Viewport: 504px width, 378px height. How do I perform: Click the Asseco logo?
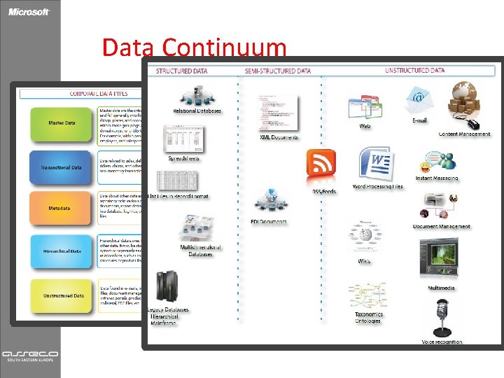point(30,354)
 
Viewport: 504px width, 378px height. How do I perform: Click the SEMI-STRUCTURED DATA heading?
point(278,71)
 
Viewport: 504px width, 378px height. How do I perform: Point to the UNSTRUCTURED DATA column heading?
point(414,71)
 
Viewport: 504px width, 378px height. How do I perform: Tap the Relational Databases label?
point(197,111)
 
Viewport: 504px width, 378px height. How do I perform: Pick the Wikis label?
point(364,261)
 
